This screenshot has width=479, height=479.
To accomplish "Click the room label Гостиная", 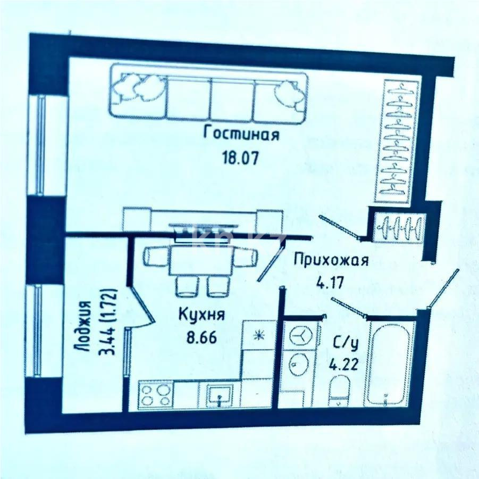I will coord(242,134).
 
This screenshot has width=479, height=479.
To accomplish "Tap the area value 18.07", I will coord(242,158).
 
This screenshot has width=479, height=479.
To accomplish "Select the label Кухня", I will coord(201,315).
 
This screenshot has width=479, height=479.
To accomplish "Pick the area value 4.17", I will coord(330,282).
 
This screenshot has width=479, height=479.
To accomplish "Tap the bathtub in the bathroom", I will coord(389,364).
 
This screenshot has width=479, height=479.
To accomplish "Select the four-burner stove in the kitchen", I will coord(155,395).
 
